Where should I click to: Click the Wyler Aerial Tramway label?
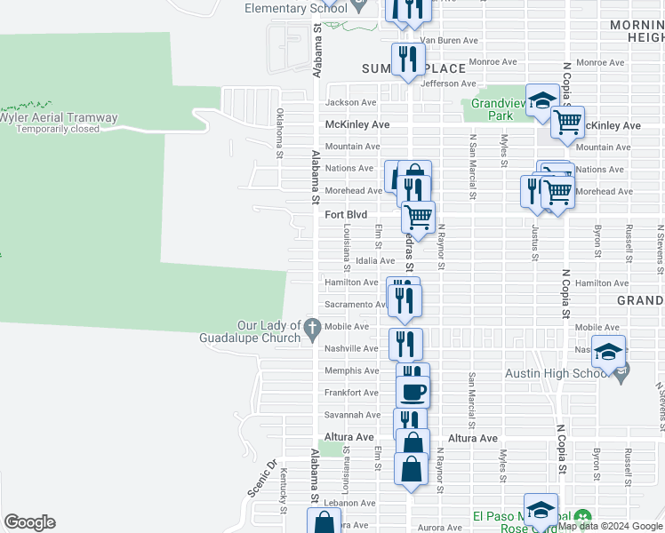point(59,117)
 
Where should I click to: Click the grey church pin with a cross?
point(311,329)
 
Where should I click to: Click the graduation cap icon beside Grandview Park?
point(541,101)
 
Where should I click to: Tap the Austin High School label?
point(554,373)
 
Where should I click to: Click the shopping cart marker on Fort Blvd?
point(418,215)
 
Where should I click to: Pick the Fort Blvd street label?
point(346,214)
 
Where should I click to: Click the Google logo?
point(29,522)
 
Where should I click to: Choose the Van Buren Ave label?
point(450,40)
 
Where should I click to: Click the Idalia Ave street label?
point(374,260)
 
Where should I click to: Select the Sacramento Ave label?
point(354,304)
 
